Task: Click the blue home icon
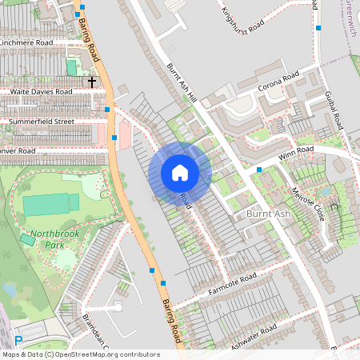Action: point(180,173)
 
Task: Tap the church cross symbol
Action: point(91,81)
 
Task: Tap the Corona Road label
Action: point(278,81)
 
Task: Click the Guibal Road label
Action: point(334,110)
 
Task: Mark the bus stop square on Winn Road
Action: point(259,170)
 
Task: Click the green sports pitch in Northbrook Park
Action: point(51,205)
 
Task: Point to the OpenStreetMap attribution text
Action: point(80,354)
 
